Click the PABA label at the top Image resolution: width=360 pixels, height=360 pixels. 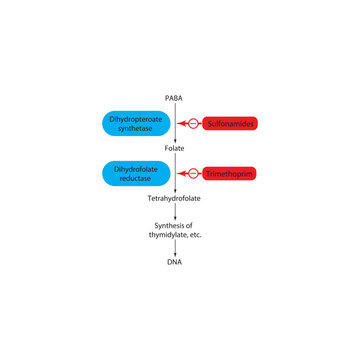176,97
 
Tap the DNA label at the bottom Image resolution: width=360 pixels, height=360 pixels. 176,262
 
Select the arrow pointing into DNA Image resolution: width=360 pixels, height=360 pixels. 176,249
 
